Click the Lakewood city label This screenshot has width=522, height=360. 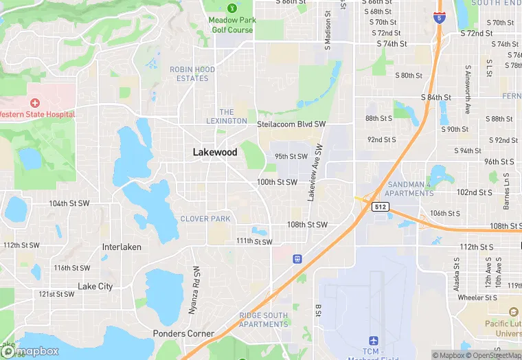(x=215, y=153)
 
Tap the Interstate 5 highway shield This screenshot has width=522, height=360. (x=439, y=19)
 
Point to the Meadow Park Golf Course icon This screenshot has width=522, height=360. (x=231, y=8)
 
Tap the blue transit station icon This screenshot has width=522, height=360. (x=297, y=259)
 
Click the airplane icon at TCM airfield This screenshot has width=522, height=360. (x=374, y=341)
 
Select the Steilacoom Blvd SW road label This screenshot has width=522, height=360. (x=291, y=124)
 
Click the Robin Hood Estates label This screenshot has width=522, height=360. (x=192, y=74)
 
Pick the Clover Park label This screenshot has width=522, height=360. (x=205, y=219)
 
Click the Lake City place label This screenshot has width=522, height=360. (x=95, y=286)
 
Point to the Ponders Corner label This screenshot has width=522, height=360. (x=183, y=334)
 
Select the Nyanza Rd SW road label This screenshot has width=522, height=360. (x=195, y=291)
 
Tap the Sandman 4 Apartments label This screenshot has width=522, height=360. (x=411, y=189)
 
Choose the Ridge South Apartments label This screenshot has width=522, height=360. (x=264, y=319)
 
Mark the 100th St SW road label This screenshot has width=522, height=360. (x=277, y=182)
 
